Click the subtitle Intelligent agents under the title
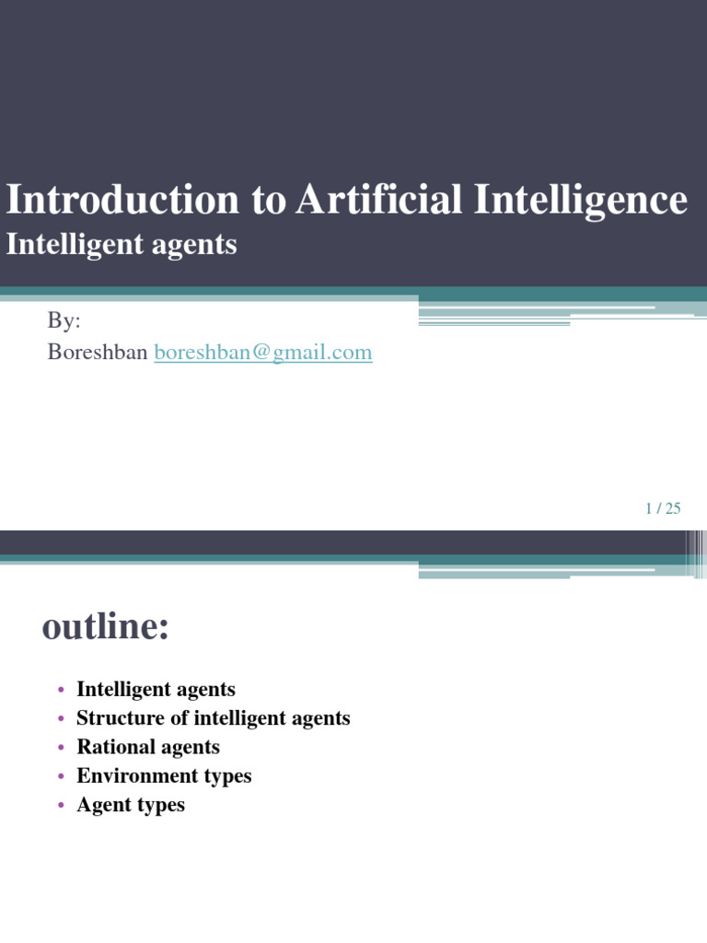(x=122, y=245)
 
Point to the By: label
(x=64, y=321)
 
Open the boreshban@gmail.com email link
(x=263, y=352)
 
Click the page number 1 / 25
(x=663, y=508)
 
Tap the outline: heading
(x=106, y=628)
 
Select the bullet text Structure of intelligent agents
(x=214, y=718)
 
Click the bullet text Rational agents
(x=148, y=747)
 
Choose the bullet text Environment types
(x=164, y=776)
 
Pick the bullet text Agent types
(x=131, y=805)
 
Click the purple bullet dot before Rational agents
(x=61, y=748)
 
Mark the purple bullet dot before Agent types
(x=61, y=806)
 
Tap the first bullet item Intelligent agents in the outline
(x=156, y=689)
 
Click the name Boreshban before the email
(x=97, y=352)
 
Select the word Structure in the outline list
(x=120, y=718)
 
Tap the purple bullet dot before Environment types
(x=61, y=777)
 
